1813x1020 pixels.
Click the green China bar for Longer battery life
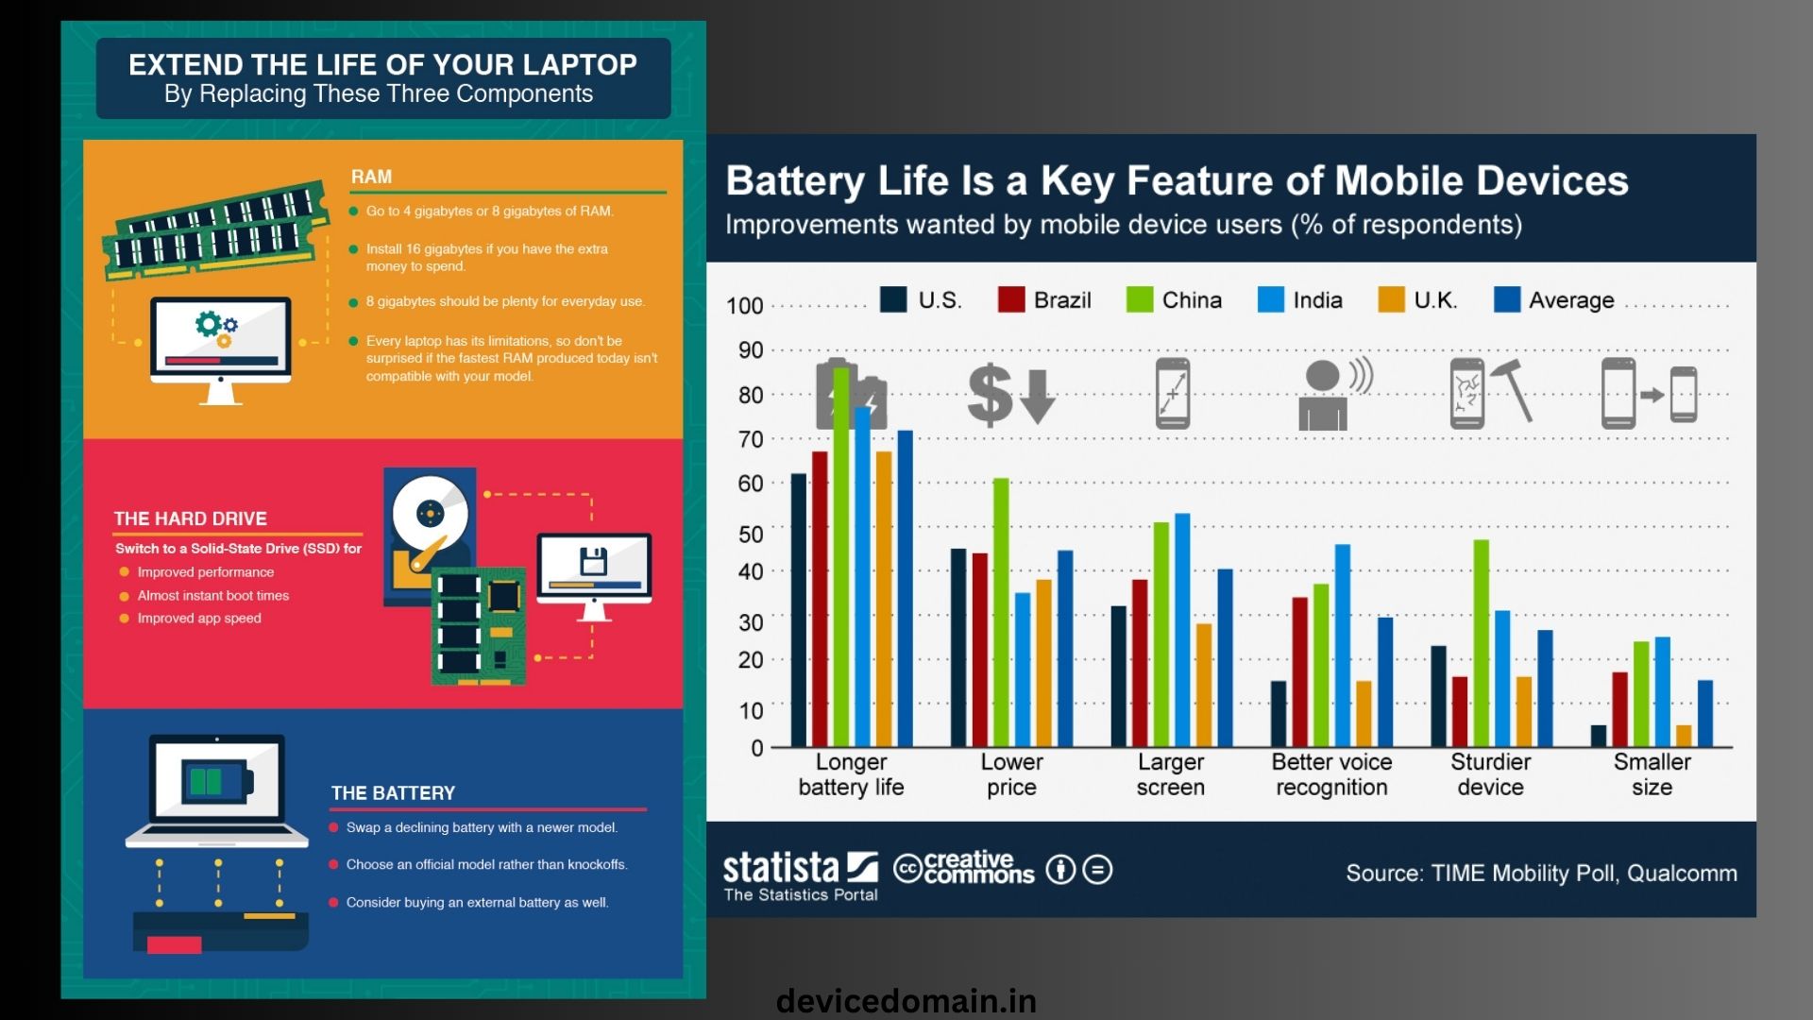tap(841, 557)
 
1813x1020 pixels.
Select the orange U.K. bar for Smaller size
tap(1684, 736)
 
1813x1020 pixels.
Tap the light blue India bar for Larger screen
tap(1182, 630)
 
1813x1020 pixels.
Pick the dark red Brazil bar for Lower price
tap(980, 650)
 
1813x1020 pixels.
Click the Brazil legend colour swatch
tap(1011, 299)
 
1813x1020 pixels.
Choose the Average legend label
tap(1571, 300)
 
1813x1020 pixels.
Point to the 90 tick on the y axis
tap(751, 350)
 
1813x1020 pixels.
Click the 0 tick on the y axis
tap(757, 748)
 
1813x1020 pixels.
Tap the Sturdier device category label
tap(1491, 774)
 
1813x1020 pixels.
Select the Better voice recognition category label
tap(1331, 774)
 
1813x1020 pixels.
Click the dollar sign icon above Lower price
tap(991, 394)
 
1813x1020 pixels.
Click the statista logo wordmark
tap(781, 866)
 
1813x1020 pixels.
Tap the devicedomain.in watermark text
tap(906, 1001)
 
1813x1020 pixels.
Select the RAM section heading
tap(371, 177)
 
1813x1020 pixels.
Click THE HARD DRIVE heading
tap(191, 518)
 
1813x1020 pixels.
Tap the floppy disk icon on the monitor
tap(593, 561)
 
